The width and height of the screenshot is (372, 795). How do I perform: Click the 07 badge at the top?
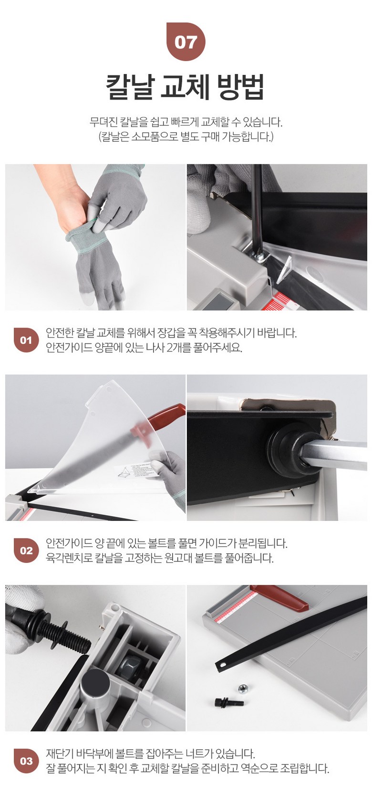click(186, 42)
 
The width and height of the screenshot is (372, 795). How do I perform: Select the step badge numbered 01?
click(26, 340)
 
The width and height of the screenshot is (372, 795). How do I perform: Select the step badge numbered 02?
click(26, 551)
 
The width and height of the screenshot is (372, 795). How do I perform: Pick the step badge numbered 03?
click(26, 761)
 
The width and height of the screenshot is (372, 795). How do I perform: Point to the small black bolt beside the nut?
click(229, 702)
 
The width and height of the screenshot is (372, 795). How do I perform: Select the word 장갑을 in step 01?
click(173, 333)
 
